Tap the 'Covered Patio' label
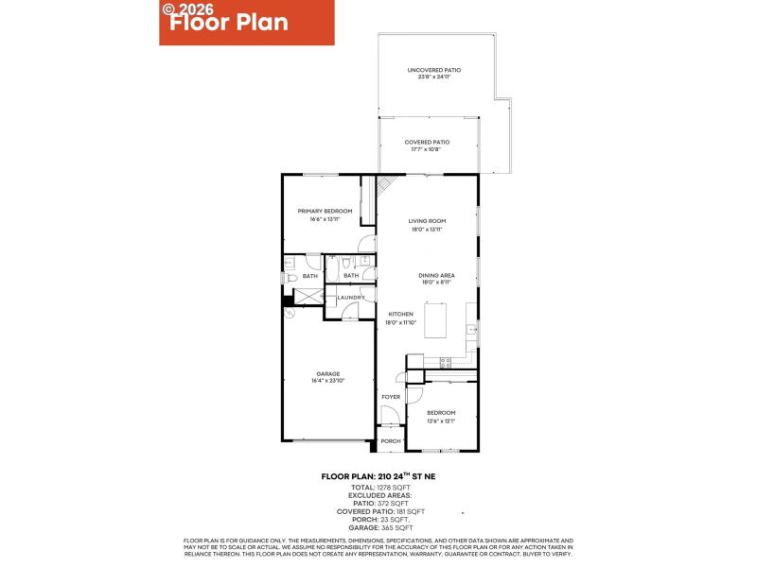click(428, 142)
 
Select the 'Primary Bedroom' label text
click(325, 211)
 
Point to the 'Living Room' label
click(428, 221)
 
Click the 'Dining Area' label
click(437, 275)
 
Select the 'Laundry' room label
click(351, 299)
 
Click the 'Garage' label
click(328, 373)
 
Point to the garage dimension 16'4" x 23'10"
click(328, 381)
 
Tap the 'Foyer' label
click(391, 397)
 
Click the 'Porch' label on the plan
click(391, 441)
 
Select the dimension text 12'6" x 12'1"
click(441, 421)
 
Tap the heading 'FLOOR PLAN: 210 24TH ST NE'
click(378, 477)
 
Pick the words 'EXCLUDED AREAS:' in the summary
click(378, 494)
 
